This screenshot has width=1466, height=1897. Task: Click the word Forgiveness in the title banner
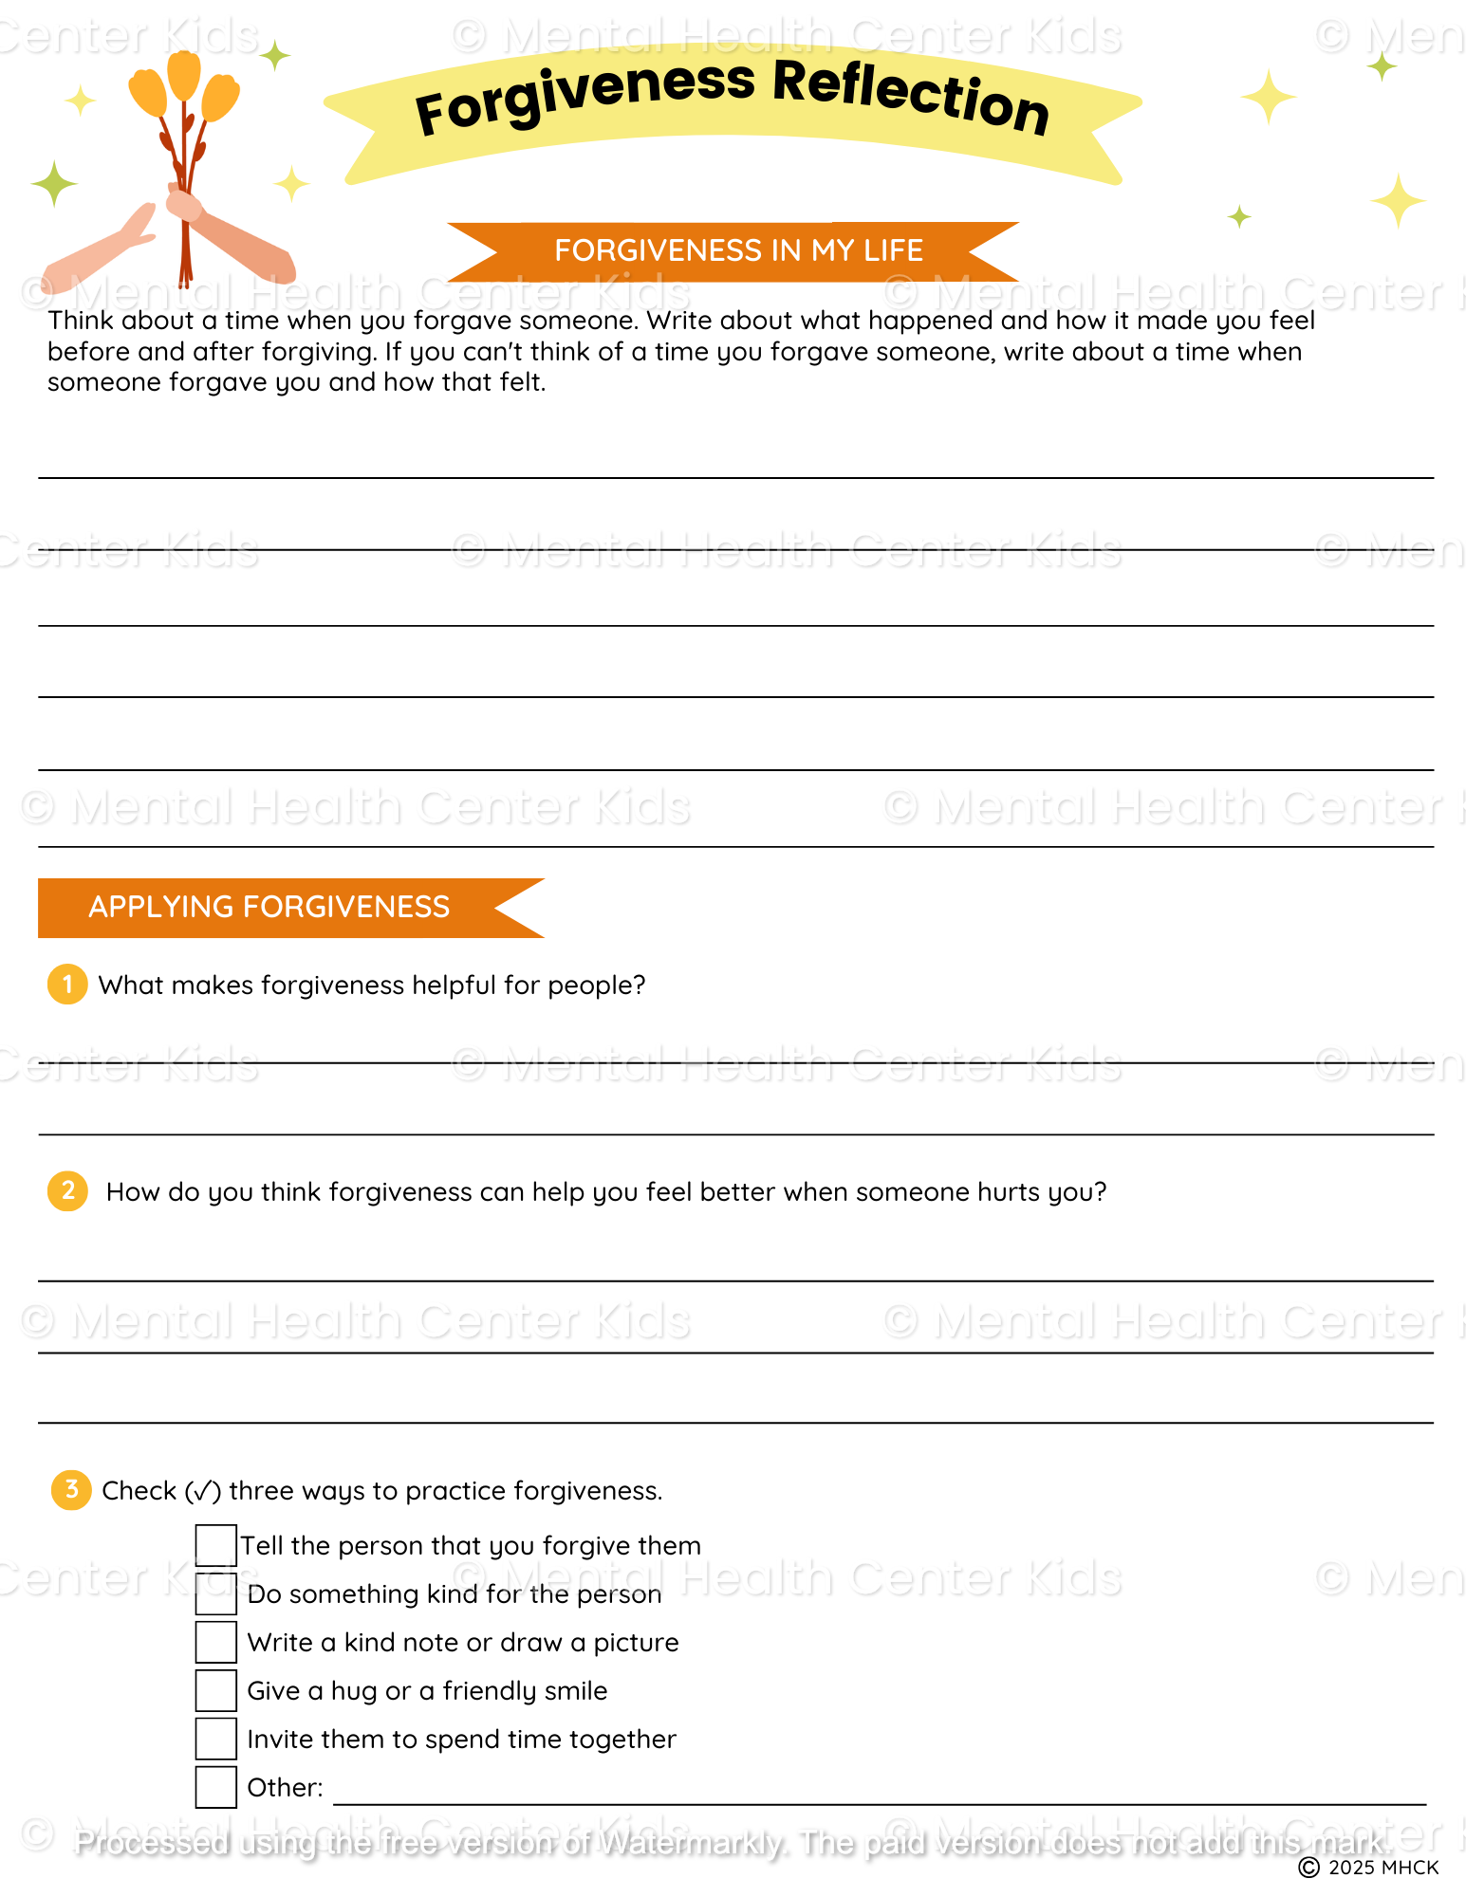pos(585,99)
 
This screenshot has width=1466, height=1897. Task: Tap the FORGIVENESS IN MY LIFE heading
pos(738,250)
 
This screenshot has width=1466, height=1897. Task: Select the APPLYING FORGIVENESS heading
pos(269,908)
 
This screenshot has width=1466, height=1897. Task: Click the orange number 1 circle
pos(67,985)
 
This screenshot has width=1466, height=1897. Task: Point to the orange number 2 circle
pos(67,1190)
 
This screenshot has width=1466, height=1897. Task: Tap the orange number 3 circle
pos(71,1489)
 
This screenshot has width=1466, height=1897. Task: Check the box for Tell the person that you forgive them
pos(216,1545)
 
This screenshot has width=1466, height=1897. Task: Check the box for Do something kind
pos(216,1593)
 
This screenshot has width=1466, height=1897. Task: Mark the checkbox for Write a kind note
pos(216,1642)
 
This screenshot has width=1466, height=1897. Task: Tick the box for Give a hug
pos(216,1690)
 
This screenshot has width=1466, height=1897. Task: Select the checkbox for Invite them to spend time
pos(216,1739)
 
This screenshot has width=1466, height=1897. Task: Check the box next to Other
pos(216,1787)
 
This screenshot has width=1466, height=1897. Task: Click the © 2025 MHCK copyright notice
pos(1368,1868)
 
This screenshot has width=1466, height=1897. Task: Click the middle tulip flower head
pos(184,74)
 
